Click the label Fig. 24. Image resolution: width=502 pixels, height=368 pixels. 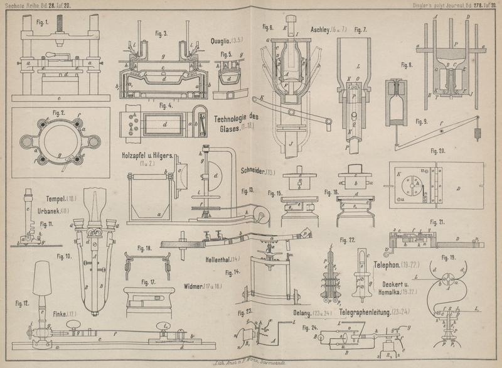[310, 327]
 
